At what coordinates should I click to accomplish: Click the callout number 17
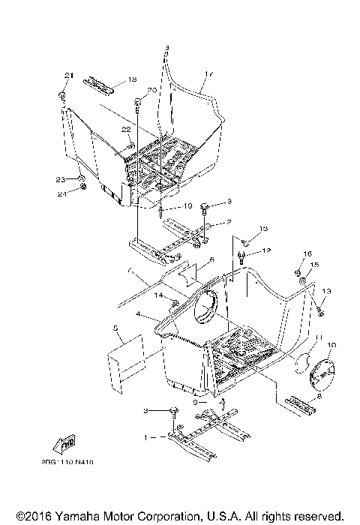click(210, 74)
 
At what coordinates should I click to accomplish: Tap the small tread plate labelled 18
click(99, 84)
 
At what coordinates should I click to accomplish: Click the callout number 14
click(158, 296)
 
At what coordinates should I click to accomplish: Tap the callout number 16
click(307, 253)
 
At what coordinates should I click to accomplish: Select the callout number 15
click(316, 265)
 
